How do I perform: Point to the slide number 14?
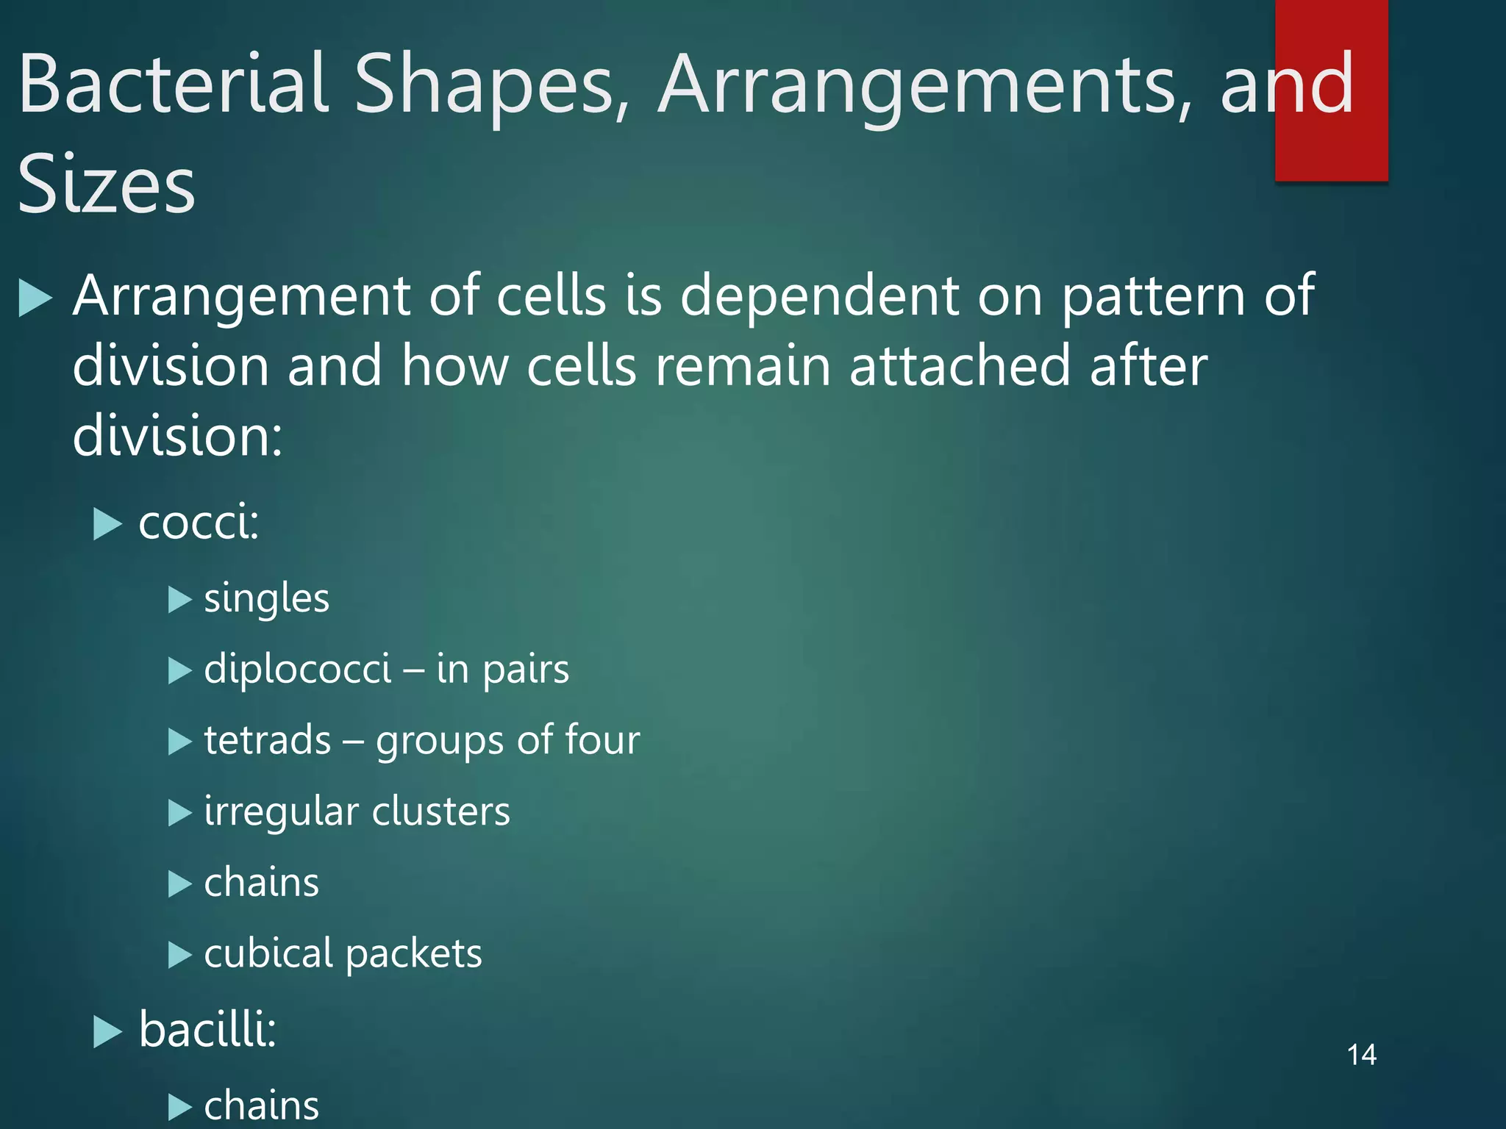coord(1361,1055)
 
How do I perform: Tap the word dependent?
coord(820,296)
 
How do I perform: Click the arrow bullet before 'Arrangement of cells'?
coord(35,298)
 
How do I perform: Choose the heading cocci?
coord(199,523)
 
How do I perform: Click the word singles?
coord(266,598)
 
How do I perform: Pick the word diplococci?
coord(297,669)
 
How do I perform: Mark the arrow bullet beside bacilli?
coord(107,1032)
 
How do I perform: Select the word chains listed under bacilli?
coord(261,1105)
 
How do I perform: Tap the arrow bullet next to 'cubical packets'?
coord(179,955)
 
